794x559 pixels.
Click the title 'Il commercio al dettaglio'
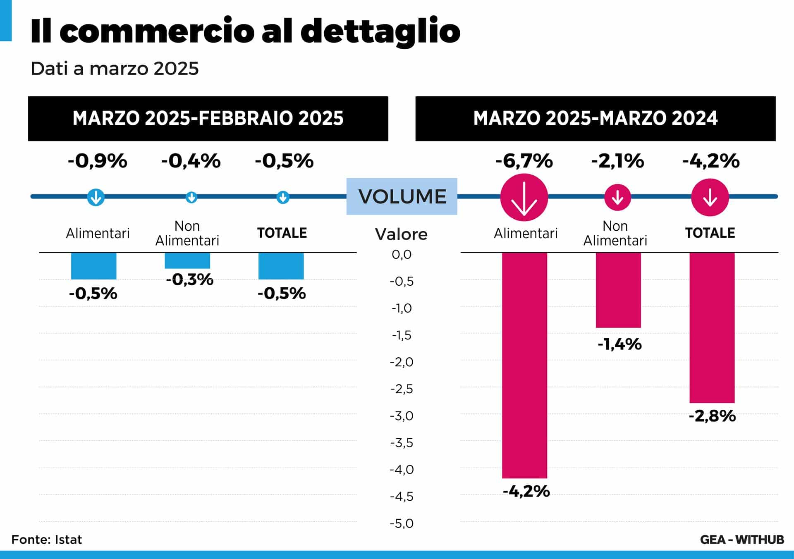[245, 31]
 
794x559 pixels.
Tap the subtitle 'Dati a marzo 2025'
[115, 69]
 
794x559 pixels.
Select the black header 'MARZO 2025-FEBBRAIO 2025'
[208, 119]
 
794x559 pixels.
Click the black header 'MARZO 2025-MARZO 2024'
[595, 119]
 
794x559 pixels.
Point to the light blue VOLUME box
[402, 196]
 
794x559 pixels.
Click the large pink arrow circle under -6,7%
[524, 198]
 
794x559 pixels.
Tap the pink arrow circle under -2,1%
[617, 197]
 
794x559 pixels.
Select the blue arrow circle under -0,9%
[96, 197]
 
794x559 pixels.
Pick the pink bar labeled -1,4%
[618, 290]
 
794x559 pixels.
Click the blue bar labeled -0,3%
[187, 260]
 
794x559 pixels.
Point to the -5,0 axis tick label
[402, 523]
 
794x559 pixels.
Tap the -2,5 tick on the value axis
[402, 389]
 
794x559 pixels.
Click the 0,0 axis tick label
[402, 255]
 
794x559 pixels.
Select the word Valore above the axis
[401, 234]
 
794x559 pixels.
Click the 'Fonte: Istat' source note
[47, 540]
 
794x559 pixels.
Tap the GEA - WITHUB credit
[742, 540]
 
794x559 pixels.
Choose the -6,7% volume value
[524, 161]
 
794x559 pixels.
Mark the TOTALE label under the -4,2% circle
[710, 233]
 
